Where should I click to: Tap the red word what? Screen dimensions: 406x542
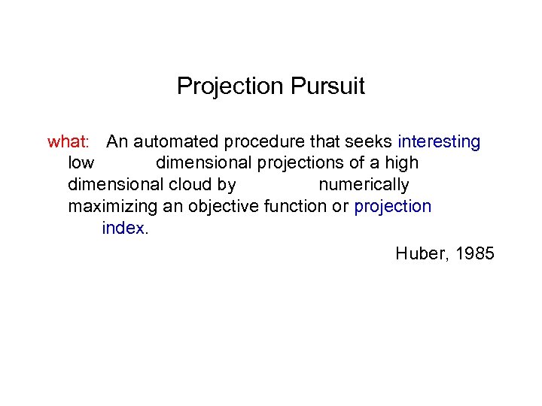pyautogui.click(x=69, y=141)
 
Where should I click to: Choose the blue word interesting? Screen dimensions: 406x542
pyautogui.click(x=439, y=141)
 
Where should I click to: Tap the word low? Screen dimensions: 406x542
pyautogui.click(x=81, y=163)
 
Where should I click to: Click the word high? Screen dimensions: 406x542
pyautogui.click(x=400, y=163)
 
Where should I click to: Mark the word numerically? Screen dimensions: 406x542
pyautogui.click(x=364, y=185)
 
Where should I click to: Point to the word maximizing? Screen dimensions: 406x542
pyautogui.click(x=112, y=207)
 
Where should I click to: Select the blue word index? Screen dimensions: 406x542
pyautogui.click(x=123, y=229)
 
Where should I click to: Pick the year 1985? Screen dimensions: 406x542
pyautogui.click(x=474, y=253)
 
